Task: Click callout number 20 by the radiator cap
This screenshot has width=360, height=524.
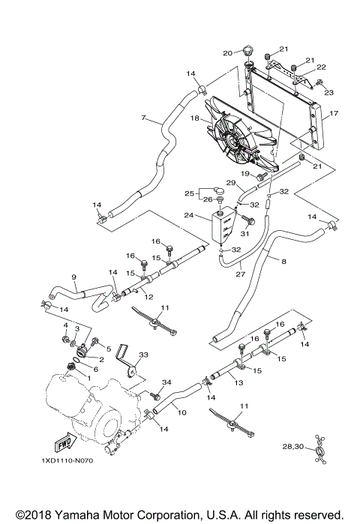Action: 227,52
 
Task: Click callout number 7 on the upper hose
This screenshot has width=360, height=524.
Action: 142,118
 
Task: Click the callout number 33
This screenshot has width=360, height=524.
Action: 143,355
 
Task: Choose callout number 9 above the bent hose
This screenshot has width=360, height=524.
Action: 73,277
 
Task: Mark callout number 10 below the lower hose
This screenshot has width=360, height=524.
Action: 181,412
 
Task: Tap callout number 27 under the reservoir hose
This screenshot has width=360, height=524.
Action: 239,274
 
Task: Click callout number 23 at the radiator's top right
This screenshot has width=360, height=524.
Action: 328,92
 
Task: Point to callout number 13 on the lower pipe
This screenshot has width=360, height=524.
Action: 239,383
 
